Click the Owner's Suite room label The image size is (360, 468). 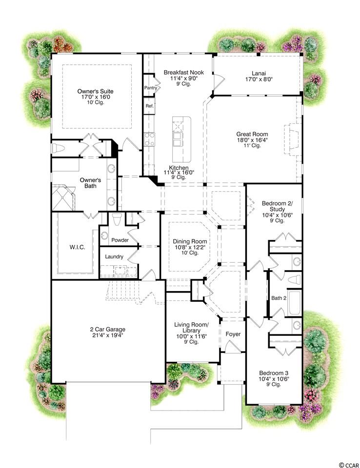[x=95, y=91]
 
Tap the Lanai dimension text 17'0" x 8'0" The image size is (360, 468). [x=259, y=79]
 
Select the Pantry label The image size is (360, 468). [x=151, y=88]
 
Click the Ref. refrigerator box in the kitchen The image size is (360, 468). [x=149, y=106]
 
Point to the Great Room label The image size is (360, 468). [x=252, y=135]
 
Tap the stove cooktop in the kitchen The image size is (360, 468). [x=149, y=139]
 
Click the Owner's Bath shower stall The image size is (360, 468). [x=63, y=198]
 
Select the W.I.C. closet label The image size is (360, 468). [x=78, y=247]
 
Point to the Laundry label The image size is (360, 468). [x=114, y=256]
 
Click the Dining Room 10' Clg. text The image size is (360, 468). [x=190, y=253]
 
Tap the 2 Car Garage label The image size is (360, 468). [x=107, y=330]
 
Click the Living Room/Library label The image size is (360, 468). [x=191, y=328]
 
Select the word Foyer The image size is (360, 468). [x=233, y=334]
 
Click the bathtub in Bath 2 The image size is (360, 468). [x=295, y=303]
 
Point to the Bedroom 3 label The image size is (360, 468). [x=274, y=373]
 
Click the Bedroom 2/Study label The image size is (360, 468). [x=278, y=206]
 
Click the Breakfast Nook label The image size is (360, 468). [x=184, y=72]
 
